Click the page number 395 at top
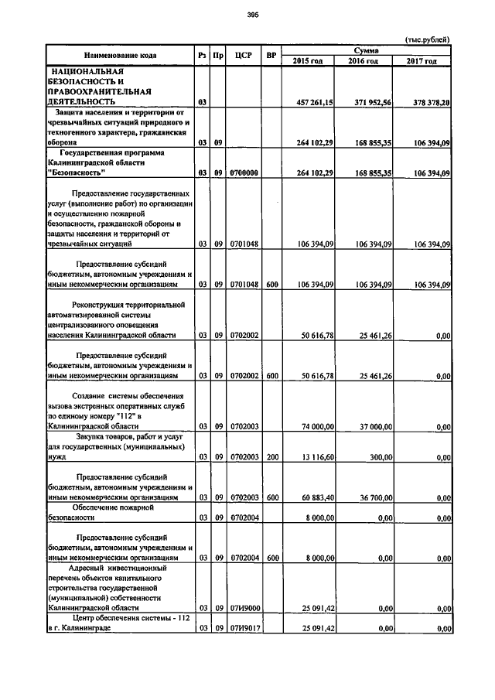pyautogui.click(x=252, y=15)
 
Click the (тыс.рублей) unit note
pyautogui.click(x=427, y=39)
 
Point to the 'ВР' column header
pyautogui.click(x=271, y=55)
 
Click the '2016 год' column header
pyautogui.click(x=363, y=60)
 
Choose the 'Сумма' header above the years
pyautogui.click(x=362, y=50)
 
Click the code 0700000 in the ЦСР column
pyautogui.click(x=243, y=172)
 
